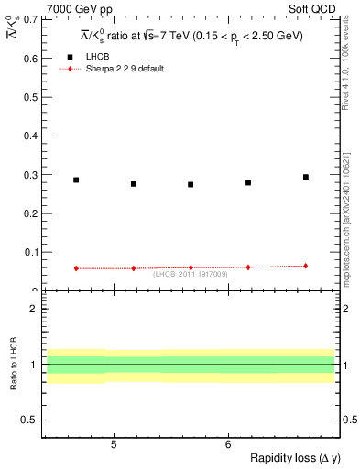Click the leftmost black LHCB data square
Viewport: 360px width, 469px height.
76,180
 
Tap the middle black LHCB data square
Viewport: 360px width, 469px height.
191,184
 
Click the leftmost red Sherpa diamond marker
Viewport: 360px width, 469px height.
76,268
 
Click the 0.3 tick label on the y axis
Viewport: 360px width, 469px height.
30,174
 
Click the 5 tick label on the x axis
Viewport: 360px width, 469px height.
113,444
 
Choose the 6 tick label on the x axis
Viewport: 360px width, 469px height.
227,444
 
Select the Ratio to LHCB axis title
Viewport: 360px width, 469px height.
14,365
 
